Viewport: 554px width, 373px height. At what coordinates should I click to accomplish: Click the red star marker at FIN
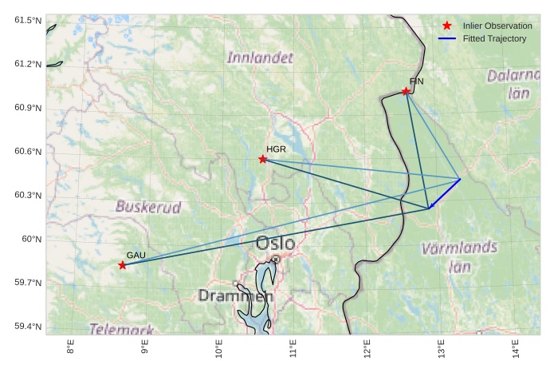tap(406, 92)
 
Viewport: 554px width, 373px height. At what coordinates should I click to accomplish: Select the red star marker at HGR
tap(263, 160)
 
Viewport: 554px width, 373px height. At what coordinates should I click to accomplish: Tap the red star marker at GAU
tap(122, 265)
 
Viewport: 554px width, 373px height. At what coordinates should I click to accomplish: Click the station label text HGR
tap(276, 149)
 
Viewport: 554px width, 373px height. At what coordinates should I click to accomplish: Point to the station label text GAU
tap(136, 255)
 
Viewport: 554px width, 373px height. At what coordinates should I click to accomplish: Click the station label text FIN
tap(416, 81)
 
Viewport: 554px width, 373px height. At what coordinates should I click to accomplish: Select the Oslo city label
tap(276, 243)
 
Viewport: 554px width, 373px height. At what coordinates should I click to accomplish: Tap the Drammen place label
tap(235, 296)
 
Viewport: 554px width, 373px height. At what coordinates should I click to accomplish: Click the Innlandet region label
tap(260, 58)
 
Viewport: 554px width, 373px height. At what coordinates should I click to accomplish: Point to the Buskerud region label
tap(148, 206)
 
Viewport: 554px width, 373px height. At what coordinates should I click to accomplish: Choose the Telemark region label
tap(121, 328)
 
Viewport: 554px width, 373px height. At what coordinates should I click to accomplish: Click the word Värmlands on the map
tap(459, 248)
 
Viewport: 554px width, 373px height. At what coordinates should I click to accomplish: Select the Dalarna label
tap(513, 76)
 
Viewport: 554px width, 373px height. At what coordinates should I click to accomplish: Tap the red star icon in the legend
tap(446, 26)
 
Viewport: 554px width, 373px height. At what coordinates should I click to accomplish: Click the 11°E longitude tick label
tap(293, 350)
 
